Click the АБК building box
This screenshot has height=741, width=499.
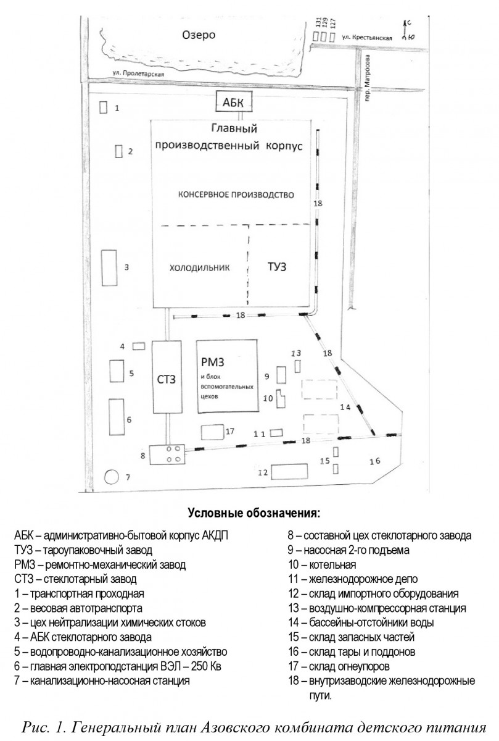pos(234,101)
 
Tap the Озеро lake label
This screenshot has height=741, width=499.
pos(199,35)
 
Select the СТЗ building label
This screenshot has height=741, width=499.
pos(166,379)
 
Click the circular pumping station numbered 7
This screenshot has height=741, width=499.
pos(112,477)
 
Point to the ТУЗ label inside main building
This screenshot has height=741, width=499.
pos(277,267)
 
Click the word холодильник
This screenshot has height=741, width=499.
pos(200,267)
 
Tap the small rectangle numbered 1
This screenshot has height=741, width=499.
pos(104,107)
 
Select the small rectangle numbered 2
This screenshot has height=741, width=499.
pos(118,151)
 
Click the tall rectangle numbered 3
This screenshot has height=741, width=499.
pos(109,267)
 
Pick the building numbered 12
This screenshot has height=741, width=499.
pos(289,471)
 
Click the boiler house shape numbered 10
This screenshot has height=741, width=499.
pos(281,398)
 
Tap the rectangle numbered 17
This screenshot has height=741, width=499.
pos(213,432)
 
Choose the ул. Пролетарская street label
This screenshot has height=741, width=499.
pos(138,73)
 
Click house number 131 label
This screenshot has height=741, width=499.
pos(318,23)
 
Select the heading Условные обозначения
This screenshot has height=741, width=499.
pos(254,513)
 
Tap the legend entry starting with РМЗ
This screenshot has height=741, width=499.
pos(100,564)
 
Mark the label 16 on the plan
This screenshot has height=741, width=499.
pos(375,461)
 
